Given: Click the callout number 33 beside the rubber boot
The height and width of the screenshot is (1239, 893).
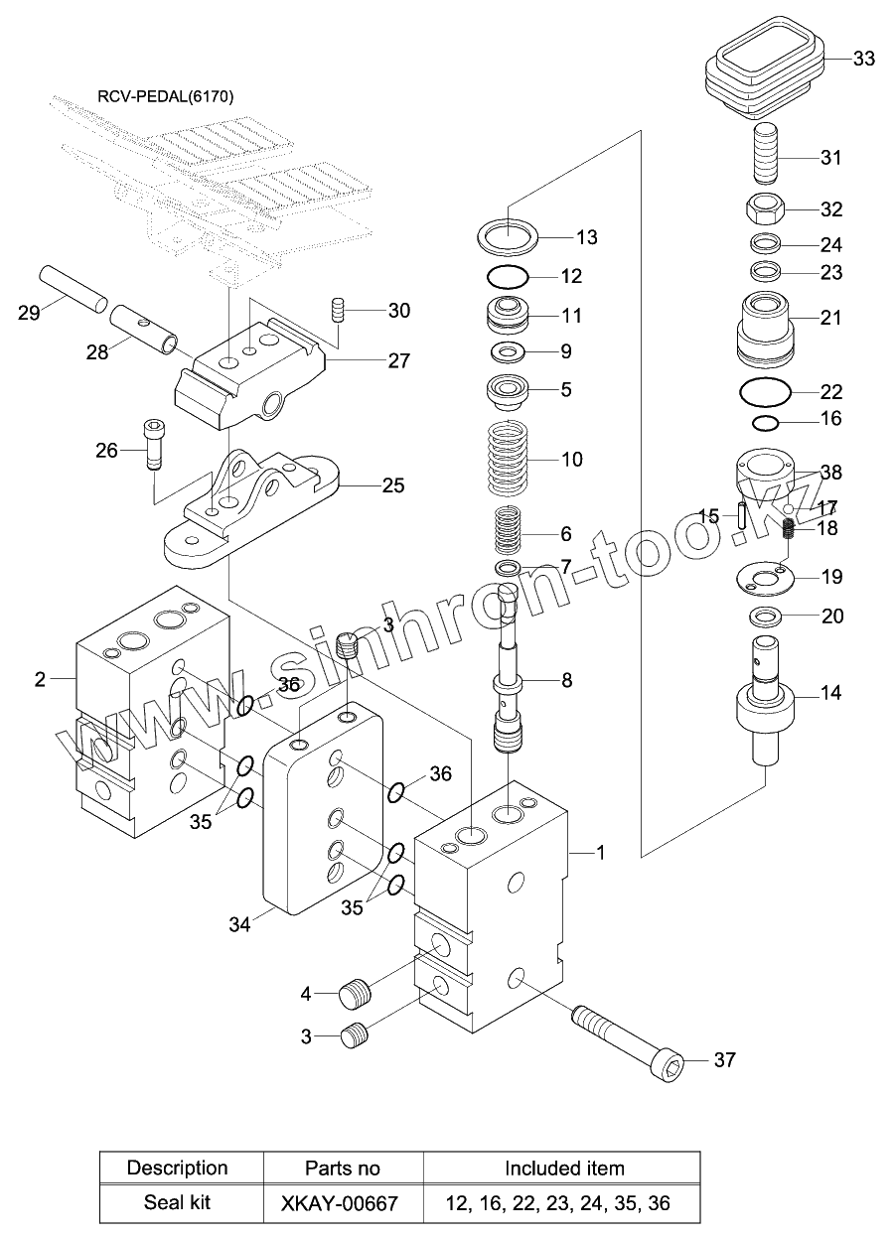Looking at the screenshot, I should (x=863, y=59).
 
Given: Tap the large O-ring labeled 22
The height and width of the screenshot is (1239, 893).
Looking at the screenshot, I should (x=766, y=392).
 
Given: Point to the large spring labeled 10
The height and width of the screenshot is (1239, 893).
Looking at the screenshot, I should (x=518, y=459).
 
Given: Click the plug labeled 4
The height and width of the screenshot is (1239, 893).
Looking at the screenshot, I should (x=355, y=992).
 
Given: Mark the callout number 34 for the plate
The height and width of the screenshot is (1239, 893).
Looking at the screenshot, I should (x=240, y=925).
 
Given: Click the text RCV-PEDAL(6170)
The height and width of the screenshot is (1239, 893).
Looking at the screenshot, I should (x=158, y=96).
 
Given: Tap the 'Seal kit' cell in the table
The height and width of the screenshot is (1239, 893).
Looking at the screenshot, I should (x=178, y=1203).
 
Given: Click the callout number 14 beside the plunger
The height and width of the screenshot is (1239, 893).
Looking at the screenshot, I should (x=830, y=693).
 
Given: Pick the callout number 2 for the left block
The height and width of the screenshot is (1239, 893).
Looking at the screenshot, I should (x=40, y=679).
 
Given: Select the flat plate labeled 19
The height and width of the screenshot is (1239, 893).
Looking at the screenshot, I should (x=767, y=576).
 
